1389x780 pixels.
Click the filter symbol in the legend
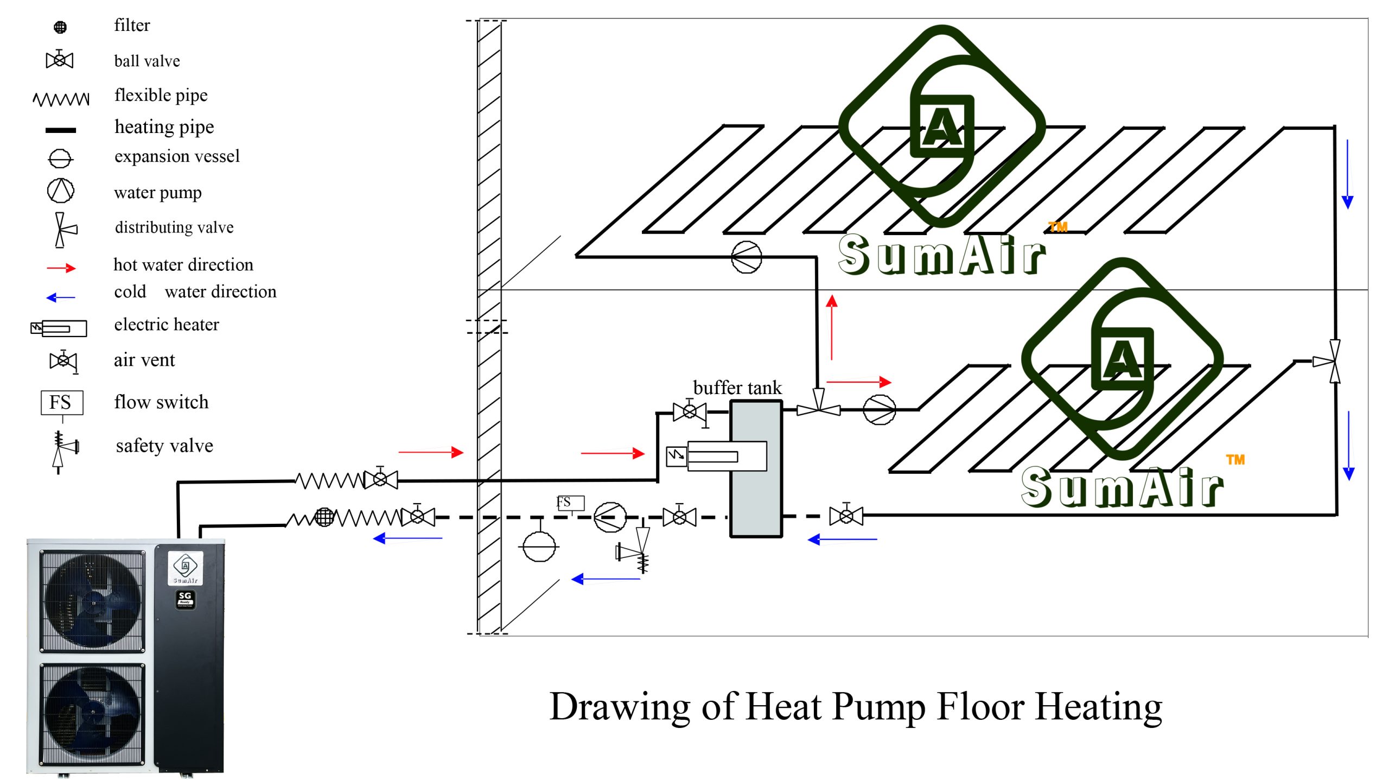[60, 27]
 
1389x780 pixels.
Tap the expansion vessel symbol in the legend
[60, 158]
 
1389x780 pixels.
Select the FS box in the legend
[62, 403]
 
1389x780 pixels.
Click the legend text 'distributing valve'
[174, 227]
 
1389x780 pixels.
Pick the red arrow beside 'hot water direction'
[61, 268]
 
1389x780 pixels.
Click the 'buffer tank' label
[737, 388]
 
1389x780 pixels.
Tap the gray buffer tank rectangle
[756, 468]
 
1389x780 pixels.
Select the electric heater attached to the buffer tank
[716, 456]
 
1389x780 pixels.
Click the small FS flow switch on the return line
[570, 503]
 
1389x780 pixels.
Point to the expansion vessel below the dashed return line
[539, 546]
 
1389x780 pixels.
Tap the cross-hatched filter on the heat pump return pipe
[324, 516]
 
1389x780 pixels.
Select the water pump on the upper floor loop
[747, 257]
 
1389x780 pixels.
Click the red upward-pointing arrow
[832, 327]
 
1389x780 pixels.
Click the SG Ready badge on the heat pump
[185, 600]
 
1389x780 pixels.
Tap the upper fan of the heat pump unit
[93, 601]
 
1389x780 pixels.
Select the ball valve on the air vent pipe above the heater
[689, 411]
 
